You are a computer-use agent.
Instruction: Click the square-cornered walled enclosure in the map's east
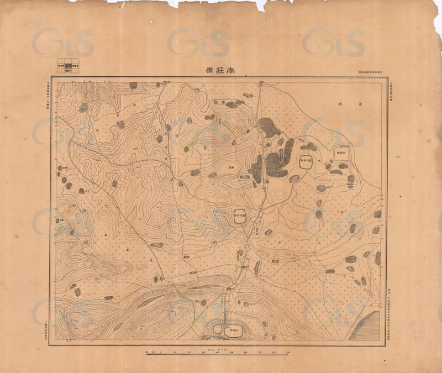[x=341, y=153]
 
